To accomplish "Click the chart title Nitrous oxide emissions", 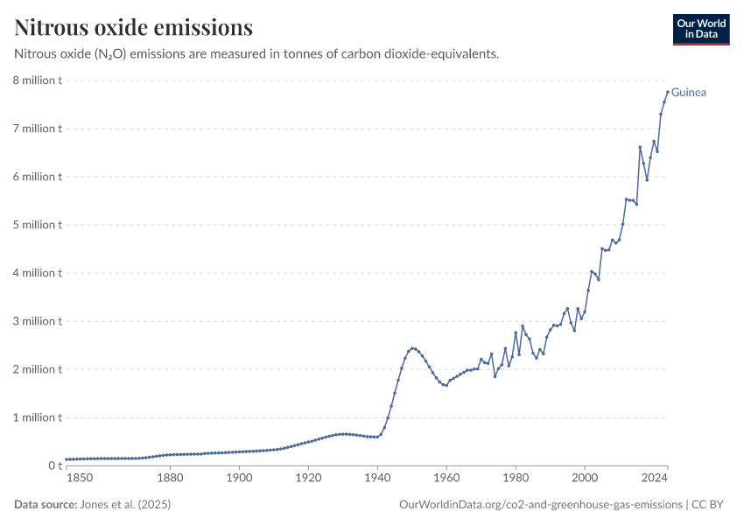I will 134,28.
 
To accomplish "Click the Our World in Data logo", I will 700,29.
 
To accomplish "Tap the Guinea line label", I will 689,92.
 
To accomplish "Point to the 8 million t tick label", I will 36,80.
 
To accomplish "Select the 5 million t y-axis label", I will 36,225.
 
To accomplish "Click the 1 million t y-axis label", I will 36,417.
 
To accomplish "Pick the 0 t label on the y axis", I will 53,465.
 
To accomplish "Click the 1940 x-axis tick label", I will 377,478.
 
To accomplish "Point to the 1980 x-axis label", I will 516,478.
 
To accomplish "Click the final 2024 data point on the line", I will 667,92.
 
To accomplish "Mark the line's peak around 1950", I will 412,347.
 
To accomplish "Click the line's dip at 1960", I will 446,386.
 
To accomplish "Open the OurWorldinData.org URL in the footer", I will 540,504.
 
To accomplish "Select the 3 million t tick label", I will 36,321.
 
